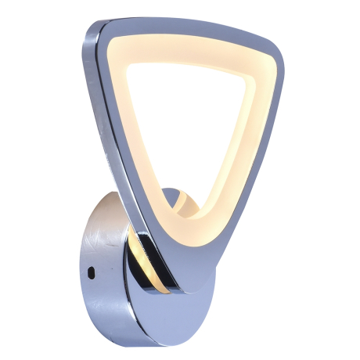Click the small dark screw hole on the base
coord(92,273)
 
